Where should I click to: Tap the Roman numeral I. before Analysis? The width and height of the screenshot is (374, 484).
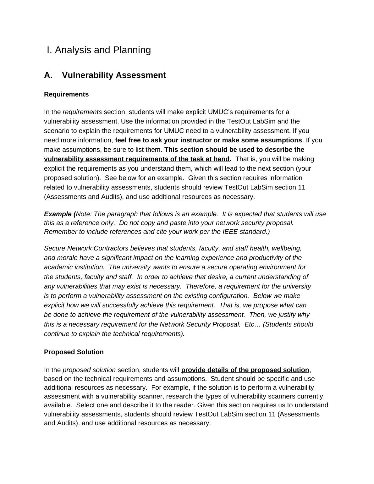(x=49, y=50)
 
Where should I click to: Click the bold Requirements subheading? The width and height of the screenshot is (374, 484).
(x=66, y=95)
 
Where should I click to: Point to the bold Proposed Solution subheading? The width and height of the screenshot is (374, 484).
(x=74, y=352)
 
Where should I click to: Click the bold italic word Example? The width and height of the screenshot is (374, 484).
(x=58, y=214)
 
